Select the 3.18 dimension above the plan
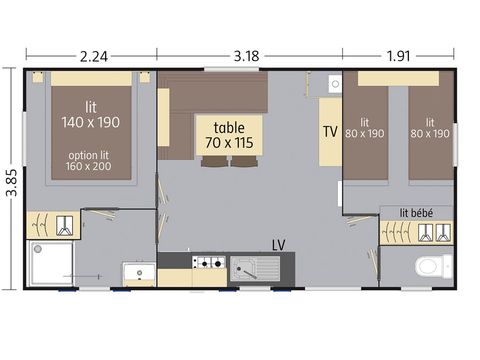249,55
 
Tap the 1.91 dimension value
397,55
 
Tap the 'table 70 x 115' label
230,135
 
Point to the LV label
280,243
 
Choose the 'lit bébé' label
415,213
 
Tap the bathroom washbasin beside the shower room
137,272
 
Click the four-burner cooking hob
207,263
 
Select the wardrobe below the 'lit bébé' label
416,233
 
